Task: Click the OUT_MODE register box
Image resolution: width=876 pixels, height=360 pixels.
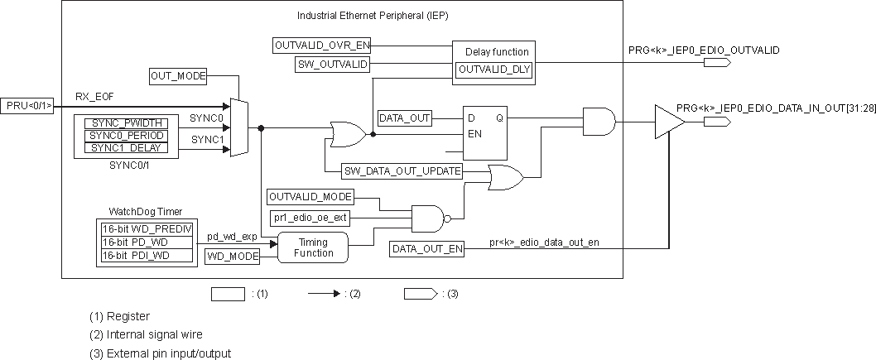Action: point(178,76)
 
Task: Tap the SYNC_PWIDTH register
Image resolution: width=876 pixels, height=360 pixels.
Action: point(126,122)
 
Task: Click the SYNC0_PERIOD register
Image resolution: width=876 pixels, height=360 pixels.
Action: point(126,135)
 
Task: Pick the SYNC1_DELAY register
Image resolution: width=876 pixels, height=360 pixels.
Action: point(126,147)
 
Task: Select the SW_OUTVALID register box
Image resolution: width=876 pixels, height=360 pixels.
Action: point(332,64)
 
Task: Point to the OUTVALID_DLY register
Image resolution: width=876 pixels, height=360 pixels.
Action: point(493,70)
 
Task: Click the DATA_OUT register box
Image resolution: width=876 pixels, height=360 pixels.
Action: point(404,118)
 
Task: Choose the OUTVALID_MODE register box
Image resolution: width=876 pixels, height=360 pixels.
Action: point(310,197)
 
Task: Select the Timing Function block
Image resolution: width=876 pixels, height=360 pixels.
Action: point(314,247)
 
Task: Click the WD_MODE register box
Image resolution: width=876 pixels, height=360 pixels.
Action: point(233,257)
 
